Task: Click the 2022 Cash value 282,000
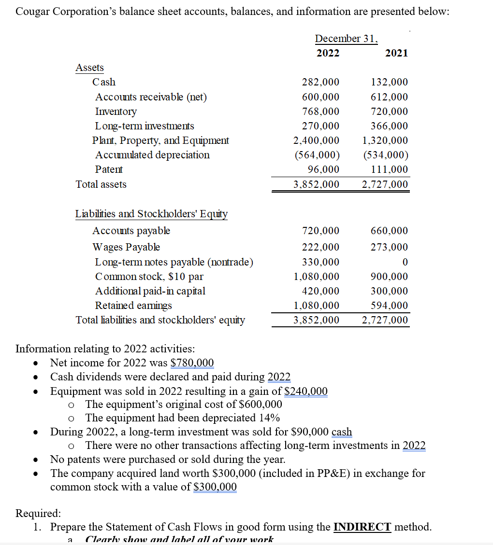tap(320, 82)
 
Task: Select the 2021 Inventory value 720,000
tap(389, 112)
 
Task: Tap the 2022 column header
tap(328, 53)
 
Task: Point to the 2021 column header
tap(396, 53)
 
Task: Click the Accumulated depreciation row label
tap(152, 155)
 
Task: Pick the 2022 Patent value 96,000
tap(323, 169)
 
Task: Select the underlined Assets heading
tap(89, 68)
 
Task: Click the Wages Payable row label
tap(126, 247)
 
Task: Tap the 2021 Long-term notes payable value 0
tap(405, 262)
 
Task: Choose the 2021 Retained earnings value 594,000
tap(389, 306)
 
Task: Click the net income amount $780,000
tap(192, 363)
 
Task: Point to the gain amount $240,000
tap(306, 391)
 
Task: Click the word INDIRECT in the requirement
tap(362, 527)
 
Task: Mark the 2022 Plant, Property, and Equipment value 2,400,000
tap(316, 140)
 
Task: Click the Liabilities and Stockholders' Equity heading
tap(151, 214)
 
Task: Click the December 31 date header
tap(346, 39)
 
